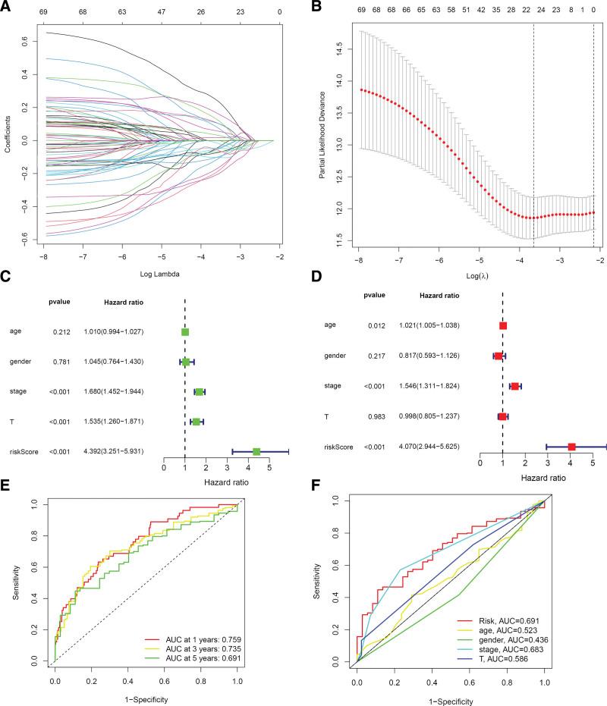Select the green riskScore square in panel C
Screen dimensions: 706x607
(256, 451)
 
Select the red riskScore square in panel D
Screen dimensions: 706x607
(571, 447)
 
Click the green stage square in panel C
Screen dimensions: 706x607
(200, 391)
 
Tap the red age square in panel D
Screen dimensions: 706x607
(503, 325)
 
